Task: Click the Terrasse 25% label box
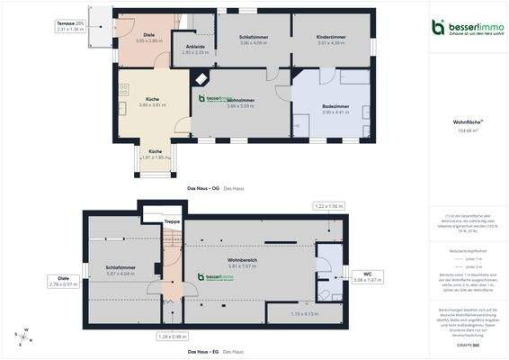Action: (x=69, y=27)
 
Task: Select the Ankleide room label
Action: (x=195, y=46)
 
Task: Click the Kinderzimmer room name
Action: (x=332, y=37)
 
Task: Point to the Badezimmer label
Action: (x=335, y=106)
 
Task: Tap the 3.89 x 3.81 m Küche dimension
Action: (x=152, y=105)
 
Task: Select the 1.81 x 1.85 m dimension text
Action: (x=156, y=157)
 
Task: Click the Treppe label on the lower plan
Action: (x=172, y=220)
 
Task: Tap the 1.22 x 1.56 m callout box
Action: (x=329, y=206)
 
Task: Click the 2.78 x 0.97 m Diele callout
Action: (x=64, y=282)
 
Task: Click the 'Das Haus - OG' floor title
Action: (x=202, y=188)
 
